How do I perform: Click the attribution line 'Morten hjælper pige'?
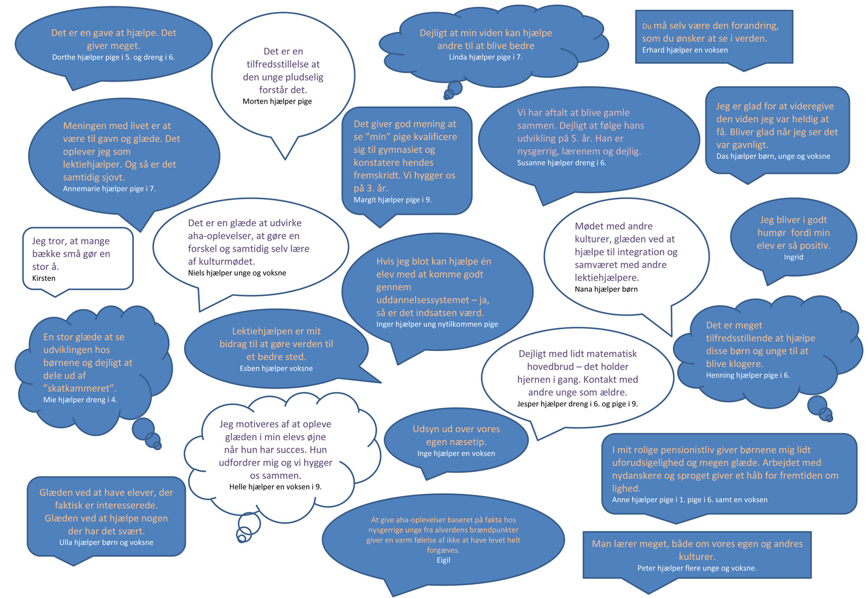pos(277,101)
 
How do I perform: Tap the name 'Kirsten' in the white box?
pos(44,278)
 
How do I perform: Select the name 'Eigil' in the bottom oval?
pos(443,560)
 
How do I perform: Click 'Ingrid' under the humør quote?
pos(793,257)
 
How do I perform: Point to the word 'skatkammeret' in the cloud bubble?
pos(80,388)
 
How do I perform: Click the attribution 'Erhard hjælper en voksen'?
pos(685,50)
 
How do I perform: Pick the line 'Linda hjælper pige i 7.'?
pos(486,57)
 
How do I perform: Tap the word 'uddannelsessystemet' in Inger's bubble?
pos(423,300)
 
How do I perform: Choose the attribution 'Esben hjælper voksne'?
pos(276,369)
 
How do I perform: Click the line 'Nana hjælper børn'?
pos(606,289)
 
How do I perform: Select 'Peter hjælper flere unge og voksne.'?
pos(697,568)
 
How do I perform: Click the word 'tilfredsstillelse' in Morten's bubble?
pos(284,64)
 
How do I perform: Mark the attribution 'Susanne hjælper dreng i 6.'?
pos(561,163)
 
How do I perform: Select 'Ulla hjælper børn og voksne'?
pos(106,542)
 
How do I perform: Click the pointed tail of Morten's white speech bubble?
pos(285,159)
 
